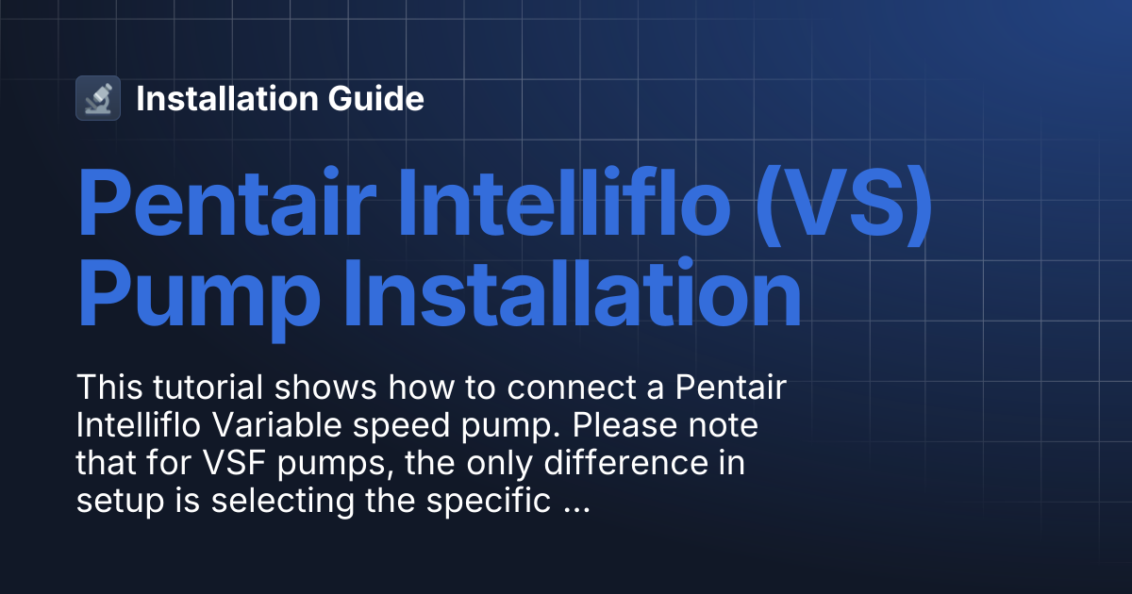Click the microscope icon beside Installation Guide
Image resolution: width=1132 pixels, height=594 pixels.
(x=98, y=98)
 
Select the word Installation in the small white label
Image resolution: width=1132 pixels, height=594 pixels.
(x=226, y=98)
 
